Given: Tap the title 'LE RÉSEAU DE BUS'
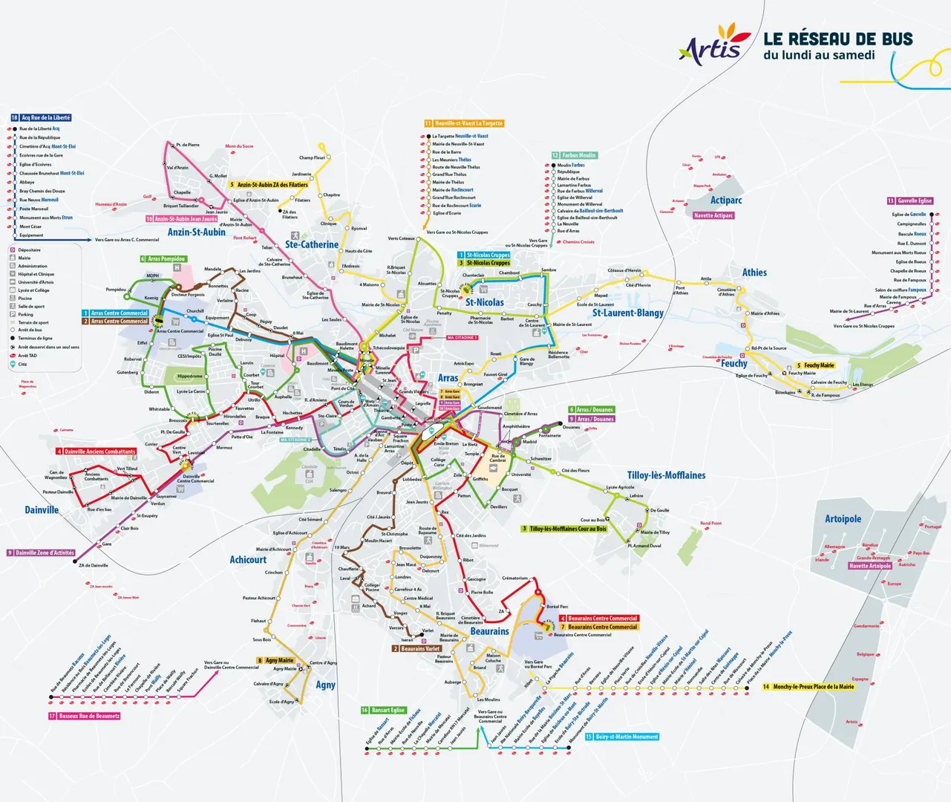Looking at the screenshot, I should point(837,39).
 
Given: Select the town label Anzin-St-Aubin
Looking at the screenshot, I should point(196,232).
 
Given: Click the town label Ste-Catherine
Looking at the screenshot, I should point(311,244).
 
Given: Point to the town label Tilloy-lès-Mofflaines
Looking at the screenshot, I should point(666,475).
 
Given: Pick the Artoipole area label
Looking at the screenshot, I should point(843,519).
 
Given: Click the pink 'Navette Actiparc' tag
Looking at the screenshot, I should point(713,215).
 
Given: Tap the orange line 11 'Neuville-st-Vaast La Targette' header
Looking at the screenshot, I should point(464,123).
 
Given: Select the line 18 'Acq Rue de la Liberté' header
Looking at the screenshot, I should point(41,117).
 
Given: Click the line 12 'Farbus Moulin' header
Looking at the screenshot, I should point(574,155).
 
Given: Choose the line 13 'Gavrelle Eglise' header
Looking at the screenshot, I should point(909,200).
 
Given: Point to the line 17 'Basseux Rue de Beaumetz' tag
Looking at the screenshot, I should point(84,716).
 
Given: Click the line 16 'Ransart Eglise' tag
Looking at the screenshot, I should point(383,710).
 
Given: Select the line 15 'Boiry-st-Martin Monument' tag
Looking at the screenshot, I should point(621,737).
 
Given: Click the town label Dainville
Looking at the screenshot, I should point(42,510).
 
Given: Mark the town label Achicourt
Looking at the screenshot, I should point(248,560).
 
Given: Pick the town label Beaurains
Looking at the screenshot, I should point(489,631).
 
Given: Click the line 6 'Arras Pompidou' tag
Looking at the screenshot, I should point(163,259).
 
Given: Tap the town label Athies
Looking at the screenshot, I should point(754,273).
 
